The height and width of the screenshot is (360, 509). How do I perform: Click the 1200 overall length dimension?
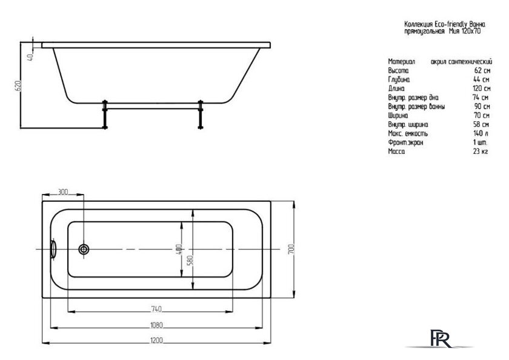(x=156, y=341)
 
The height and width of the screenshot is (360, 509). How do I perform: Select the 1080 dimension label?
(x=156, y=325)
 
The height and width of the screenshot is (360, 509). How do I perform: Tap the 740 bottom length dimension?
(x=156, y=309)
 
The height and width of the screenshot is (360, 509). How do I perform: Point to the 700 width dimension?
(x=291, y=249)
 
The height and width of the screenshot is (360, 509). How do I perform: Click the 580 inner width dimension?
(x=190, y=260)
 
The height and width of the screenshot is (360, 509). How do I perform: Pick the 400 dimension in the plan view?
(x=179, y=249)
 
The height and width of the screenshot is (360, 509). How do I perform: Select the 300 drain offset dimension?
(x=62, y=192)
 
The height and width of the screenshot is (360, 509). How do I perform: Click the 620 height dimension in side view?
(x=19, y=85)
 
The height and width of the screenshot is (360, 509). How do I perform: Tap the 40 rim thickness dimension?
(x=30, y=58)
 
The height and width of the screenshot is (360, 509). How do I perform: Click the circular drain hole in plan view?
(x=84, y=249)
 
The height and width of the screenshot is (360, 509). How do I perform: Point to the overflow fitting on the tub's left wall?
(x=53, y=249)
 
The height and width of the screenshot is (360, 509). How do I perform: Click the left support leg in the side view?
(x=105, y=115)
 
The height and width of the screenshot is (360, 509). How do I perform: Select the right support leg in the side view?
(x=201, y=115)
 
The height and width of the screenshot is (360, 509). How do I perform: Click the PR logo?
(x=441, y=339)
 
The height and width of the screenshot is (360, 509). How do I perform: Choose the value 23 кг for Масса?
(x=481, y=151)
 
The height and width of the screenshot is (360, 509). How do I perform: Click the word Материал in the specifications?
(x=401, y=61)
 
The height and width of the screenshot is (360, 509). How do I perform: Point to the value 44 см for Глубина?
(x=481, y=79)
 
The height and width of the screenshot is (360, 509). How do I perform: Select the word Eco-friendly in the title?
(x=451, y=24)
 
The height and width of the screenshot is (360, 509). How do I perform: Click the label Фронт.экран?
(x=405, y=142)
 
